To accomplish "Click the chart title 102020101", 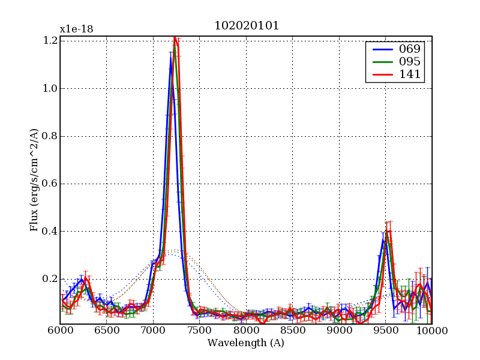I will tap(247, 26).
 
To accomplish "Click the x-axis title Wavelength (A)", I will tap(246, 343).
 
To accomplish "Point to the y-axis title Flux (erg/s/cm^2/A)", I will tap(34, 180).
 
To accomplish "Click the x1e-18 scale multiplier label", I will tap(76, 29).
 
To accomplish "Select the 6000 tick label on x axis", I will tap(60, 331).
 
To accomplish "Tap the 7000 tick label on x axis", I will tap(153, 331).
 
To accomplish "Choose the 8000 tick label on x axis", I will tap(246, 331).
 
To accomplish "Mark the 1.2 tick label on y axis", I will tap(50, 41).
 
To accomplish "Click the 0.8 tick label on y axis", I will tap(50, 136).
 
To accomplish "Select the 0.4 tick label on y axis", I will tap(50, 231).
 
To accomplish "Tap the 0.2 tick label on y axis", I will tap(50, 279).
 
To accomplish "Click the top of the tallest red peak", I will tap(175, 37).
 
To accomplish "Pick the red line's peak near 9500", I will tap(389, 231).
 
